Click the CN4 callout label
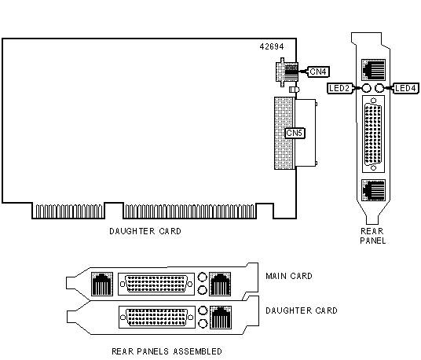click(x=318, y=72)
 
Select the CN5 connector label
click(x=295, y=133)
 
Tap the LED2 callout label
click(x=339, y=88)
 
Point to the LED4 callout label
click(x=406, y=88)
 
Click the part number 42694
click(x=272, y=46)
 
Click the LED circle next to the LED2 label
click(x=366, y=88)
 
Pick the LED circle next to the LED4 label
click(x=379, y=88)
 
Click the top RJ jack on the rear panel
click(x=373, y=70)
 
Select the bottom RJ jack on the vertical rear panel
click(x=373, y=190)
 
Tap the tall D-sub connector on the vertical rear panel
click(x=373, y=134)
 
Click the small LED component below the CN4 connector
click(x=295, y=90)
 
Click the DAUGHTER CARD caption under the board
click(x=145, y=231)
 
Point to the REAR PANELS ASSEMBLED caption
click(x=167, y=351)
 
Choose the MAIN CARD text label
click(x=289, y=276)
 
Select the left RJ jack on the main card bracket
click(x=102, y=284)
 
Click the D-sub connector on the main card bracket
click(x=156, y=284)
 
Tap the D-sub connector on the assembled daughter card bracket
click(x=157, y=317)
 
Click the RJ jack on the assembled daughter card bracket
click(x=221, y=317)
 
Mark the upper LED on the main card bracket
click(x=202, y=277)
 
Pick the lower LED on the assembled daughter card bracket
click(x=203, y=324)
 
